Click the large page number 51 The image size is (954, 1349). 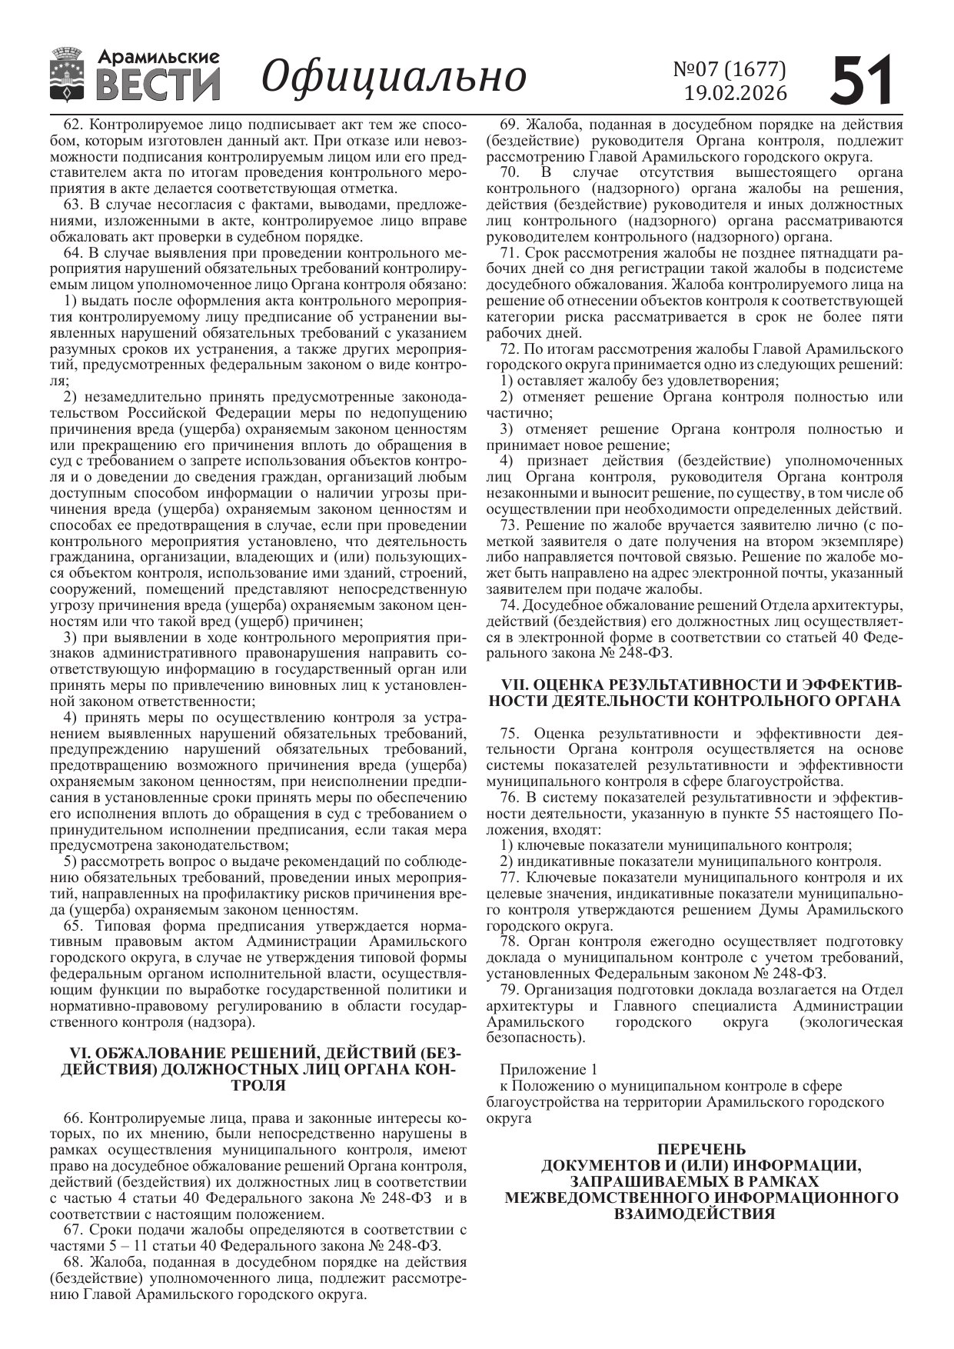click(863, 79)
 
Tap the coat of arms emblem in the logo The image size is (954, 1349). click(68, 75)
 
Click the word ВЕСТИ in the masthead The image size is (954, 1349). click(158, 84)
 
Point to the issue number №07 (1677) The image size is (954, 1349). click(730, 69)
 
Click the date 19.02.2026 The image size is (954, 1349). click(736, 93)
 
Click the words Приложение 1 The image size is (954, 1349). click(547, 1070)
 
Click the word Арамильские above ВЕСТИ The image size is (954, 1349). click(159, 57)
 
